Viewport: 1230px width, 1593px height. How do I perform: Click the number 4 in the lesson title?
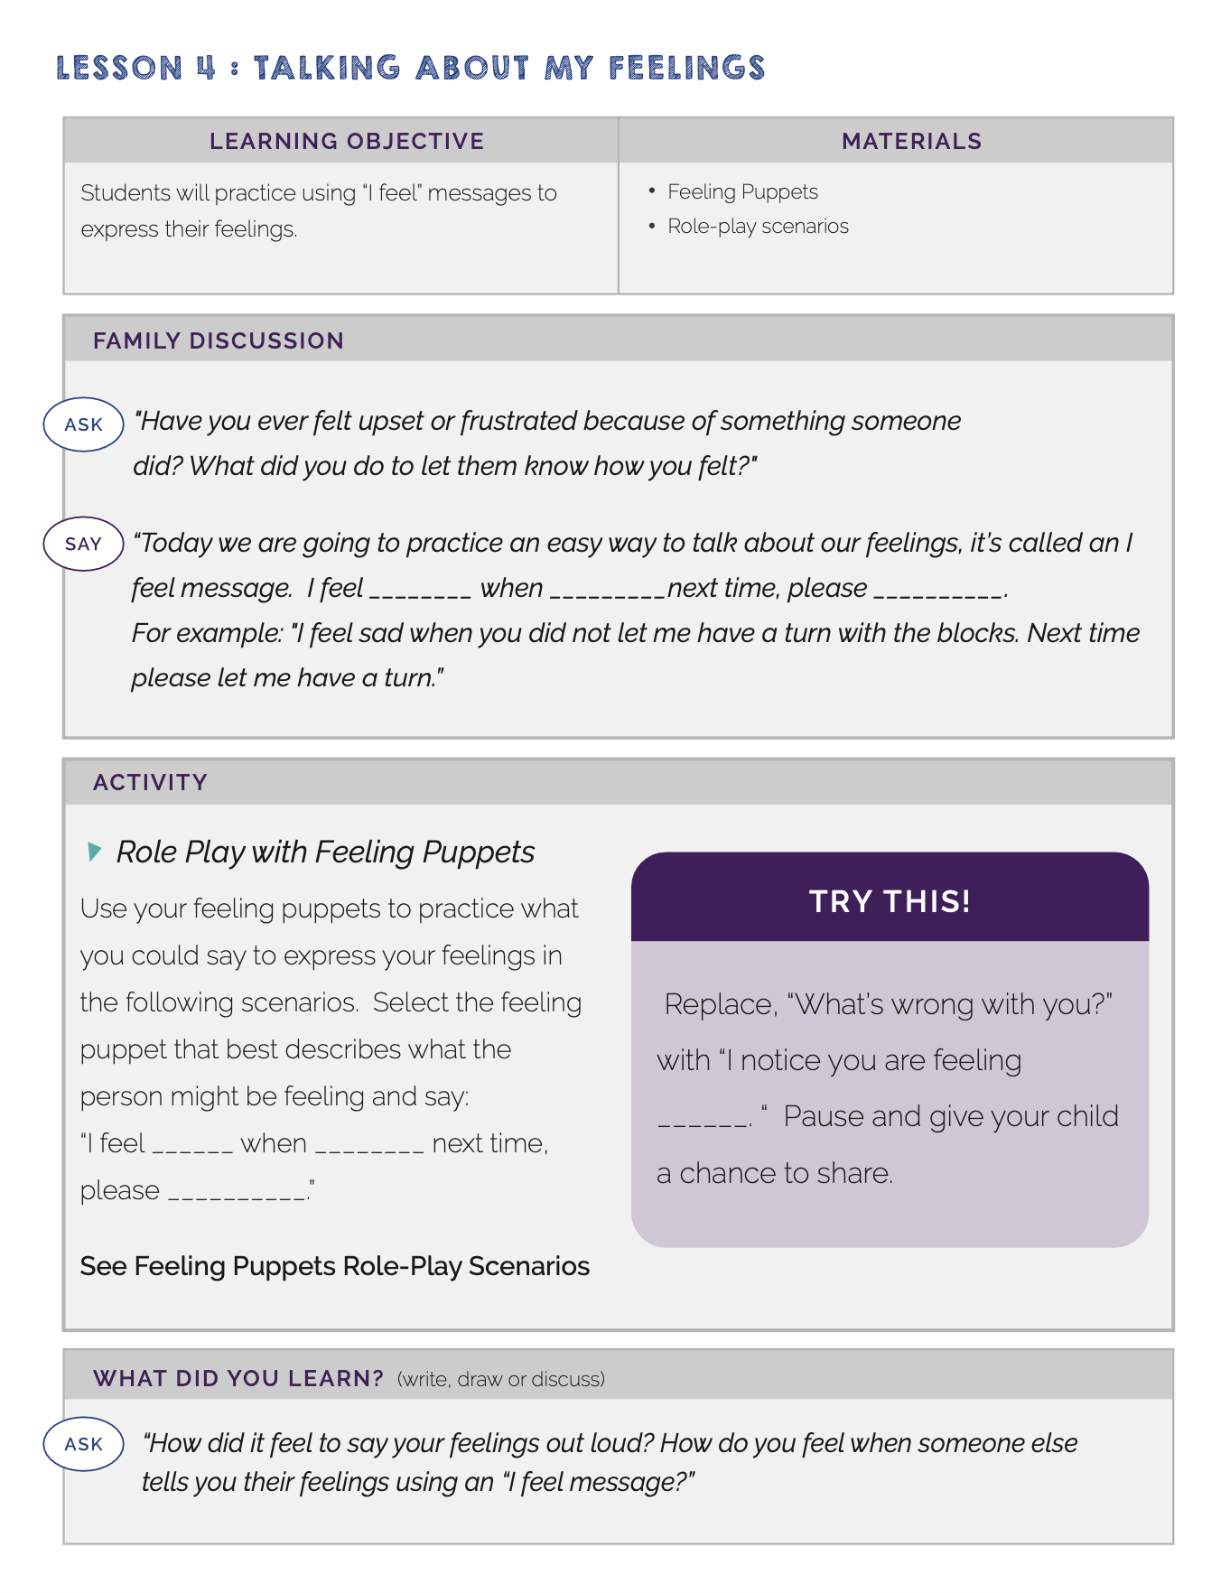click(x=207, y=68)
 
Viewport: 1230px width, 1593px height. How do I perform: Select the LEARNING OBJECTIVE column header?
click(x=347, y=141)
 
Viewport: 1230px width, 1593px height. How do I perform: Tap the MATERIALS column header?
click(x=911, y=141)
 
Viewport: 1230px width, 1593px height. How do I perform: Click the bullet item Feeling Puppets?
click(x=742, y=191)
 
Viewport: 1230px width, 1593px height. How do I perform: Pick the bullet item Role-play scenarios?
click(x=758, y=226)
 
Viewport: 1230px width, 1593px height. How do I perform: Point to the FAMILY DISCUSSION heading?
click(x=218, y=340)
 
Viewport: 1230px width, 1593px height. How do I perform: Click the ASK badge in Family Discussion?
click(x=83, y=424)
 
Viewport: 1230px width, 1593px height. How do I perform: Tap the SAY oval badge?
click(x=83, y=544)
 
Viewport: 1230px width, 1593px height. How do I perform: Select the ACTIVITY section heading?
click(x=150, y=782)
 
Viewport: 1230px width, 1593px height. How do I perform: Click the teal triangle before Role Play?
click(x=94, y=851)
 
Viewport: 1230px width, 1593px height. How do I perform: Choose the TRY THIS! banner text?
click(x=890, y=901)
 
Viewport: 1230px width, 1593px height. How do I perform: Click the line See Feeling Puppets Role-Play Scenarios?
click(x=334, y=1266)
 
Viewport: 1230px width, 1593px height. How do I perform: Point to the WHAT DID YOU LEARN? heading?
click(x=238, y=1378)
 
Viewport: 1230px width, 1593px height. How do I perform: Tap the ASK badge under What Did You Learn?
click(x=83, y=1444)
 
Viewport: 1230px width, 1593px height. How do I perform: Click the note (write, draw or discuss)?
click(x=501, y=1379)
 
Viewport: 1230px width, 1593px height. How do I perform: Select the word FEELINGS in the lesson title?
click(x=686, y=68)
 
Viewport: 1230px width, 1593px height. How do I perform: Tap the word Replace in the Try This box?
click(x=720, y=1004)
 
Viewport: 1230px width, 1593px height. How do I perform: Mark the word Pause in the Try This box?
click(x=823, y=1116)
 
